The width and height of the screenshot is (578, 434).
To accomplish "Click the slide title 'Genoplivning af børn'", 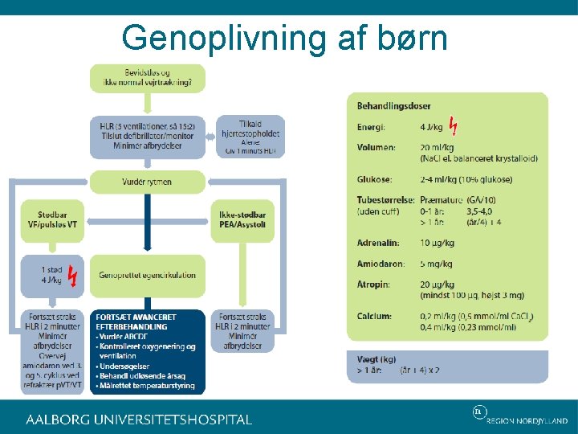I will point(284,38).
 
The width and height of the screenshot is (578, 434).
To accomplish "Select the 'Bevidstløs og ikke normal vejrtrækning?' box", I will point(147,77).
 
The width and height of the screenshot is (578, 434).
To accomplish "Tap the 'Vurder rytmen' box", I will point(147,182).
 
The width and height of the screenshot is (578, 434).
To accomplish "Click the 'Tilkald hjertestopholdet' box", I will point(250,136).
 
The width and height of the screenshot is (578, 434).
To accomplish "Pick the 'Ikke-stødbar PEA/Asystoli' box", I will point(242,220).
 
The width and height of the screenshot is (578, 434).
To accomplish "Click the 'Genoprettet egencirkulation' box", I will point(147,275).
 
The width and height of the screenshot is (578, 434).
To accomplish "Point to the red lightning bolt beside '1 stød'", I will point(73,275).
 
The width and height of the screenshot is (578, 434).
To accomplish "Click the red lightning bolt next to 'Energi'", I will point(454,126).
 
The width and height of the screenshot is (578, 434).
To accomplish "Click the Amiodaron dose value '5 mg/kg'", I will point(437,264).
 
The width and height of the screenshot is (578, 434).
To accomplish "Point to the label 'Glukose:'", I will point(374,179).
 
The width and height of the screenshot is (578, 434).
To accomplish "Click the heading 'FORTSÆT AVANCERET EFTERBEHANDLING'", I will point(136,322).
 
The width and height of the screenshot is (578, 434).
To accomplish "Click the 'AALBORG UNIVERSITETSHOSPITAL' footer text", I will point(139,420).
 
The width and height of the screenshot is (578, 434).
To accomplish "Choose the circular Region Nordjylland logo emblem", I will point(479,412).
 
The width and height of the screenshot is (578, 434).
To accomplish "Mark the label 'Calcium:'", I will point(374,317).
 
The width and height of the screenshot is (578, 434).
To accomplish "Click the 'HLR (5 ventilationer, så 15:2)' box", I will point(147,136).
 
